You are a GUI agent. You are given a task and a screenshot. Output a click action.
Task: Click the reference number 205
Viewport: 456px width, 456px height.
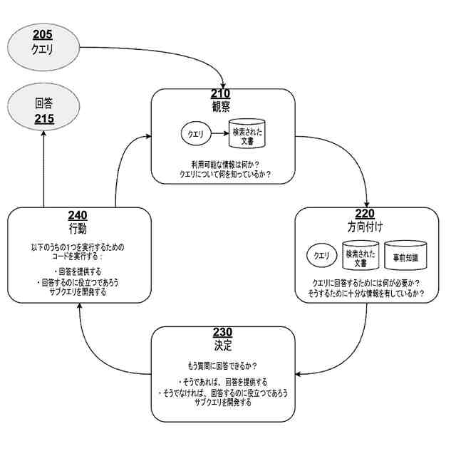(x=43, y=35)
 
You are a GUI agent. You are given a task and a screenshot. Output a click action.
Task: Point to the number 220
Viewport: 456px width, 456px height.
(x=364, y=214)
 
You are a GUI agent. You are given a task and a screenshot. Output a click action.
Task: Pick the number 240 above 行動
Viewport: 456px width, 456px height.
(x=78, y=216)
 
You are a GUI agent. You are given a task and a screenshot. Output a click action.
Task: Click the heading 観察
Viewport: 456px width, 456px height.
(x=221, y=106)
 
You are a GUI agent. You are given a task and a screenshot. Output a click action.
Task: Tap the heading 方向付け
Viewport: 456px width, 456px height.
(x=364, y=227)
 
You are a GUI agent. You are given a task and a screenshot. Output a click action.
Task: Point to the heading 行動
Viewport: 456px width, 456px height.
(x=78, y=229)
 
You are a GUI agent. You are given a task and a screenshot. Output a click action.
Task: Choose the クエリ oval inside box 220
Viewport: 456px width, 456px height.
(x=322, y=254)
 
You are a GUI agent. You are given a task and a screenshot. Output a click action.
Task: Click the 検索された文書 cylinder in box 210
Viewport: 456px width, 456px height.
(x=247, y=133)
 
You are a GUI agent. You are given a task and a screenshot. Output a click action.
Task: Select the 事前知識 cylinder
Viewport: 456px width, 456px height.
(x=404, y=254)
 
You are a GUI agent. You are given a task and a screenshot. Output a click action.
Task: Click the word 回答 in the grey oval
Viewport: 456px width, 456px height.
(x=43, y=103)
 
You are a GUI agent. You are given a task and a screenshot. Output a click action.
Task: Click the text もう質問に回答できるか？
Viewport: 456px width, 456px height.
(x=222, y=365)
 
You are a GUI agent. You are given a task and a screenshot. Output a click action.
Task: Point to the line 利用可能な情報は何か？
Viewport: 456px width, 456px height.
(x=220, y=163)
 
